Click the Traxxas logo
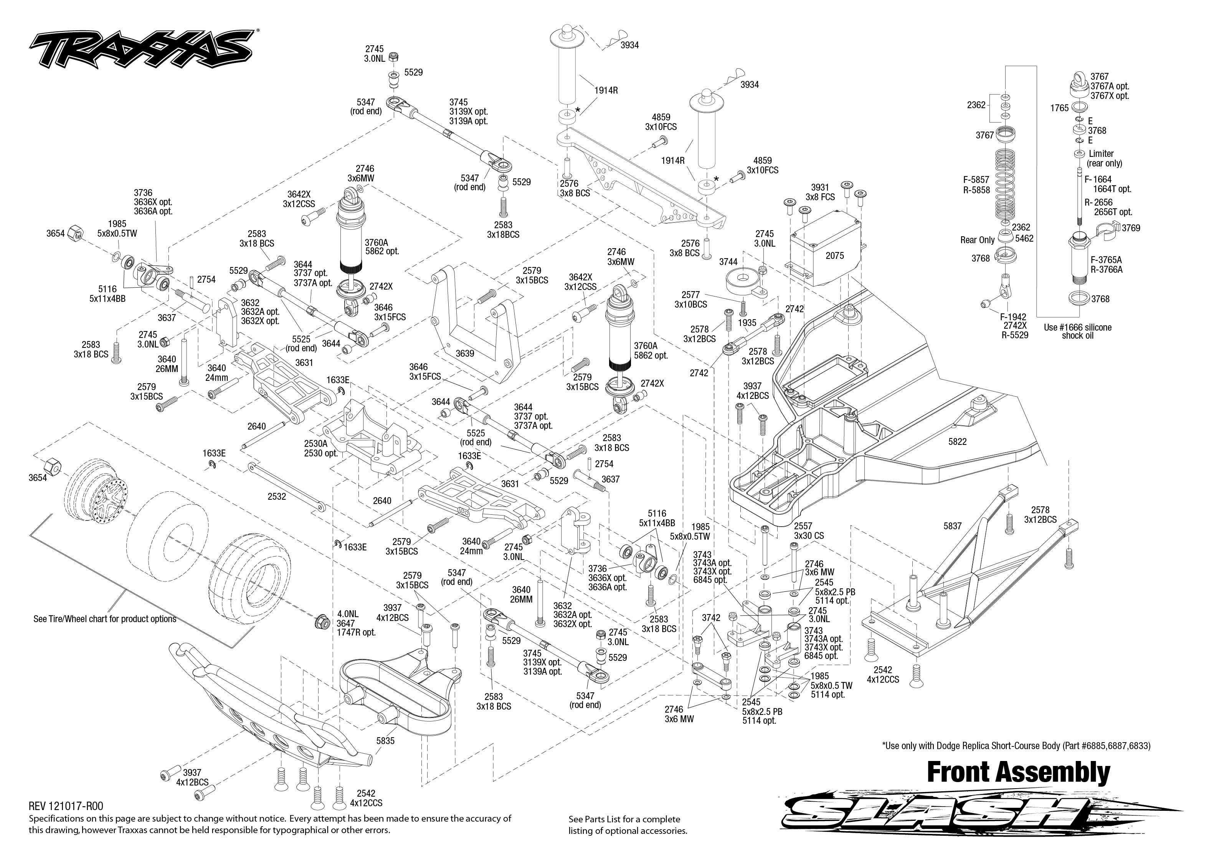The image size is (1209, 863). tap(140, 50)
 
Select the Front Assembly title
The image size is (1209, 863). tap(1018, 772)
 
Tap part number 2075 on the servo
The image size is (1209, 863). tap(834, 255)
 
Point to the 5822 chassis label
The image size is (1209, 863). tap(957, 441)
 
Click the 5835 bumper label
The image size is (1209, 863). tap(385, 740)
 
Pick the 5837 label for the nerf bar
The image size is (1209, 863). tap(952, 526)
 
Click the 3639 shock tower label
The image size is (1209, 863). tap(465, 353)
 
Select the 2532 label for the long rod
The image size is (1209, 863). tap(276, 496)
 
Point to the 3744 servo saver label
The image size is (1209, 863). tap(728, 262)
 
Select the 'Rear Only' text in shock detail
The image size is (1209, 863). tap(977, 240)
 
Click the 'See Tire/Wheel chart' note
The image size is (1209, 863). tap(105, 619)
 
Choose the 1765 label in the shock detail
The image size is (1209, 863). tap(1059, 108)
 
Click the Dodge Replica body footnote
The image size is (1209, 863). tap(1016, 746)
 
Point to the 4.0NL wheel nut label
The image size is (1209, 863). tap(348, 614)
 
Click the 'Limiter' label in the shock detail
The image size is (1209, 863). tap(1101, 153)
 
